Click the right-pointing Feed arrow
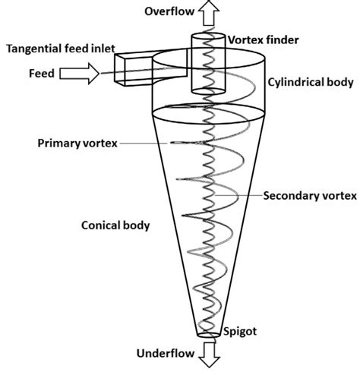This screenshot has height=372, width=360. pos(83,74)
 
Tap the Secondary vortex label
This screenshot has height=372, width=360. pos(309,195)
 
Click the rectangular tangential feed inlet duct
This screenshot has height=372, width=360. pos(129,68)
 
